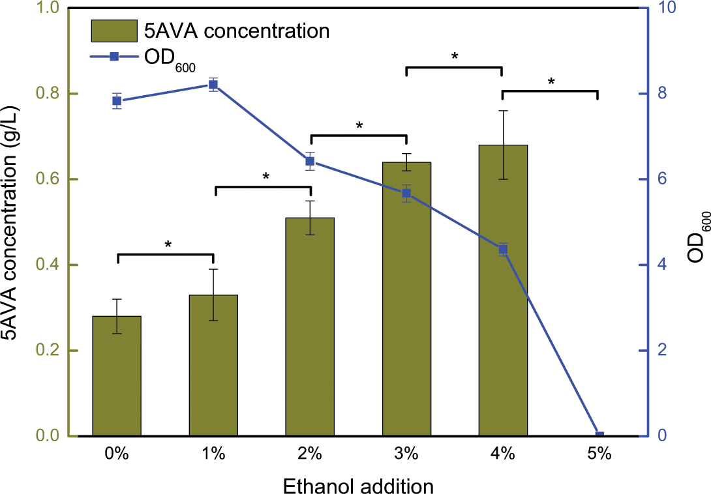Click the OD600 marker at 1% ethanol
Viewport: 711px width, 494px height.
(x=213, y=85)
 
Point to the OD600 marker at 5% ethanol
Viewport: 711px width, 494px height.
(x=599, y=435)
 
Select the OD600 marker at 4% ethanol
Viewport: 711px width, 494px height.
(x=503, y=249)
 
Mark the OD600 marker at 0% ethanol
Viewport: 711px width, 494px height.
(x=117, y=100)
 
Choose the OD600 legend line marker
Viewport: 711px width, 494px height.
(x=113, y=57)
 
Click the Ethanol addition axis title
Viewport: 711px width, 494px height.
(x=358, y=485)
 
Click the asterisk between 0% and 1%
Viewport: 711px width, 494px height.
(x=168, y=246)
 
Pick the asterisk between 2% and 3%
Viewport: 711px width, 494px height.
(x=359, y=126)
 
